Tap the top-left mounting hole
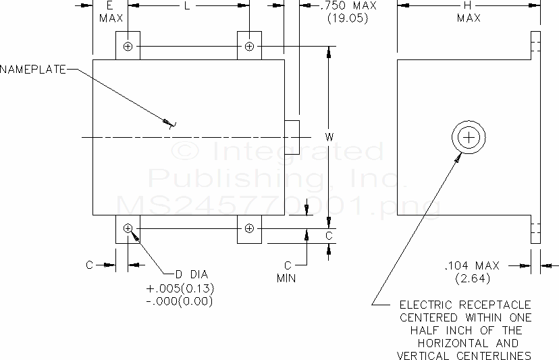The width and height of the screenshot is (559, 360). [x=128, y=46]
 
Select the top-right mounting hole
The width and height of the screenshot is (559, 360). [x=249, y=46]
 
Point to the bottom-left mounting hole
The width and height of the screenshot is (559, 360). [x=128, y=228]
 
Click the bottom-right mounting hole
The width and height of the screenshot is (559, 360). [x=249, y=228]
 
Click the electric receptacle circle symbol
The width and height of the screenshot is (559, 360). [x=468, y=138]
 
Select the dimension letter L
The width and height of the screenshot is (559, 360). [x=186, y=5]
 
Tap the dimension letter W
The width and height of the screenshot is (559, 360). [x=329, y=137]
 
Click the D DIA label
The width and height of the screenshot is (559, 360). [x=192, y=274]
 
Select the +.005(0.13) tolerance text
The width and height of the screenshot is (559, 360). [x=180, y=288]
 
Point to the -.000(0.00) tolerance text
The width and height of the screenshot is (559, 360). [x=180, y=301]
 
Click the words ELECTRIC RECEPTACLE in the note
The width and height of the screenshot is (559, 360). [x=465, y=305]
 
